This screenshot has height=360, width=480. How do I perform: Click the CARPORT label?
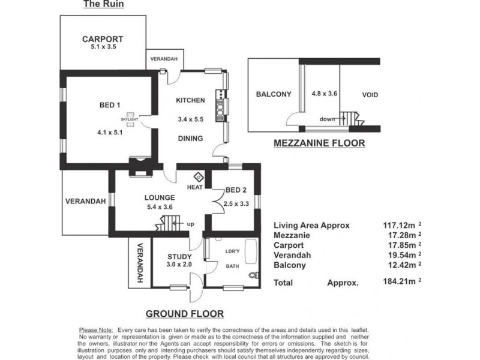pos(103,40)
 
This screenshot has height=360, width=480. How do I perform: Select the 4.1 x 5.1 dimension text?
pos(110,133)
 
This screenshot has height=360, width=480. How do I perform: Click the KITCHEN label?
pos(190,100)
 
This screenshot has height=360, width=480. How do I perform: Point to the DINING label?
pos(190,139)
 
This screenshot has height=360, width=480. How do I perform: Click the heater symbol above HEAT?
pos(199,176)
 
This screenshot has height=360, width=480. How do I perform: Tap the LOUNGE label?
pos(160,197)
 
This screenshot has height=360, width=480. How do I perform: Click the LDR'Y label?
pos(232,251)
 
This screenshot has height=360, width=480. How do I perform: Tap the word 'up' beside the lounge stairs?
pos(191,224)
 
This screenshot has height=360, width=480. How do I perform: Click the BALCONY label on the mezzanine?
pos(273,94)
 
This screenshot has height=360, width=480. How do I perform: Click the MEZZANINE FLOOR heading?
pos(319,143)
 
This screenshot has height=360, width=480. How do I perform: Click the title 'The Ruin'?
pos(98,5)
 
